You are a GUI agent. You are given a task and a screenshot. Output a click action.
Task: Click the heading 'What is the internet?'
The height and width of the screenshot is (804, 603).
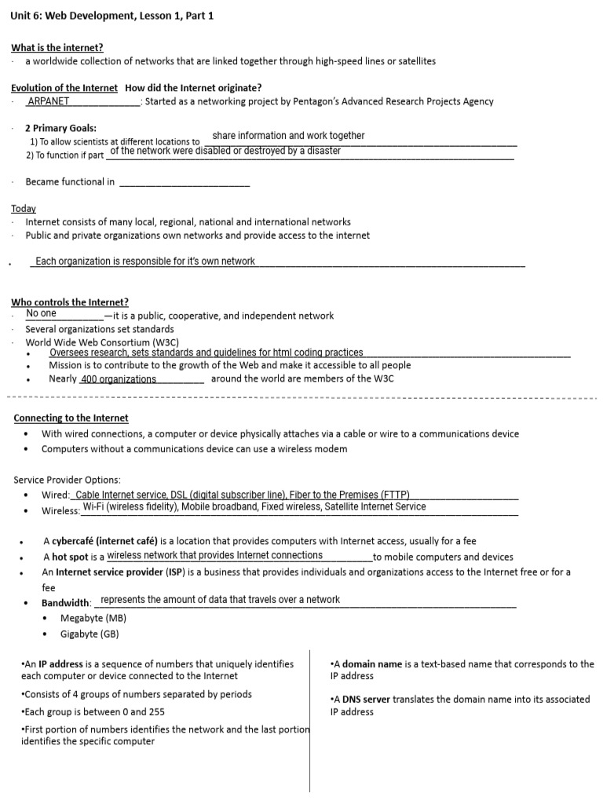click(57, 48)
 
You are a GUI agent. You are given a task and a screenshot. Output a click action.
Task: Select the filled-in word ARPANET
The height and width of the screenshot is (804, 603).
click(48, 101)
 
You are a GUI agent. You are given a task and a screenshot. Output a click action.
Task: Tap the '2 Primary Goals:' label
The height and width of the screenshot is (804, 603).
click(61, 128)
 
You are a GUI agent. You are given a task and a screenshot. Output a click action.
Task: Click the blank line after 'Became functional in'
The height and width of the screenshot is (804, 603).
click(184, 183)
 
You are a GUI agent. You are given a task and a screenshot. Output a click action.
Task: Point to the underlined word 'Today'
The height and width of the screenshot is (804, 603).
click(24, 209)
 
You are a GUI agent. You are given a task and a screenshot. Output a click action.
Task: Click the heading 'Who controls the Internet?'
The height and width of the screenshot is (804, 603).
click(70, 302)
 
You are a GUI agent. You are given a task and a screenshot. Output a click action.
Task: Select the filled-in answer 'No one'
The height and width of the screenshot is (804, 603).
click(42, 314)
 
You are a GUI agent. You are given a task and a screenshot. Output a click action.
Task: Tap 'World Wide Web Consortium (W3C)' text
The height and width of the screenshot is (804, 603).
click(102, 342)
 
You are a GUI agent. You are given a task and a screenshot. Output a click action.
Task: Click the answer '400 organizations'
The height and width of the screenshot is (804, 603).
click(119, 379)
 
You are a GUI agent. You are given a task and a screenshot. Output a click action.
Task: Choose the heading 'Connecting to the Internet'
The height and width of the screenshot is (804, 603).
click(71, 418)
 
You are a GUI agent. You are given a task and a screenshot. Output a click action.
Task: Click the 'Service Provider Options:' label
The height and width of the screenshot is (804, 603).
click(67, 480)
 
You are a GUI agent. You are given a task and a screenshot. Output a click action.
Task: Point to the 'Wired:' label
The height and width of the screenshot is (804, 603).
click(56, 495)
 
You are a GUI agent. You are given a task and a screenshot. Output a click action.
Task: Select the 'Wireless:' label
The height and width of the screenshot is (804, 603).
click(60, 511)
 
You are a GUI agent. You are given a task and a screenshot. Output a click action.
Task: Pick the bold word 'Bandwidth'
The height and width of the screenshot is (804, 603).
click(66, 603)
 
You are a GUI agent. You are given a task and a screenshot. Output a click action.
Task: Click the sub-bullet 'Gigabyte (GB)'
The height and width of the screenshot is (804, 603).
click(90, 634)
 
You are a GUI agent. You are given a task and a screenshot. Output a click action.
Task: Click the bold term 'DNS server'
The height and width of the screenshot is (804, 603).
click(365, 699)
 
